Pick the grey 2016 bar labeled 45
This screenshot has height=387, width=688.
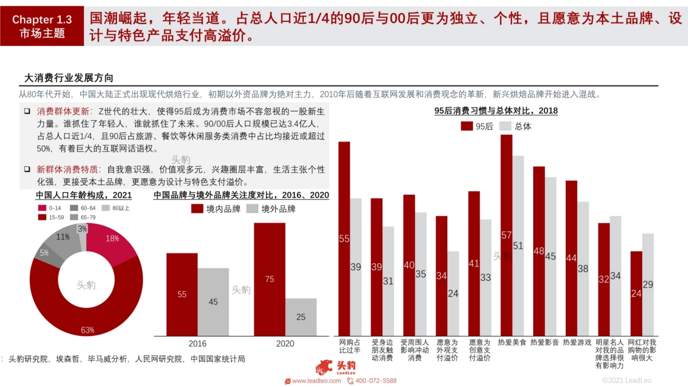pyautogui.click(x=213, y=302)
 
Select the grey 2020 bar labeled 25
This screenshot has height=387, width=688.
pyautogui.click(x=300, y=317)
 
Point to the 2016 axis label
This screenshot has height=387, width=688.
pyautogui.click(x=197, y=343)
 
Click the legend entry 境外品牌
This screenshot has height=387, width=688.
pyautogui.click(x=272, y=209)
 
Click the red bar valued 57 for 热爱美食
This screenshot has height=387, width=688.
pyautogui.click(x=506, y=235)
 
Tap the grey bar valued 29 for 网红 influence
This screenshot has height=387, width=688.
pyautogui.click(x=648, y=284)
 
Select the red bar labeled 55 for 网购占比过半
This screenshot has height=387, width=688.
pyautogui.click(x=344, y=239)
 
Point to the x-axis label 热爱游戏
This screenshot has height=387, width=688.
pyautogui.click(x=577, y=342)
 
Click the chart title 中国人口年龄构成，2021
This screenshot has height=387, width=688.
pyautogui.click(x=84, y=196)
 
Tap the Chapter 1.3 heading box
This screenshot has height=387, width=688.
pyautogui.click(x=42, y=26)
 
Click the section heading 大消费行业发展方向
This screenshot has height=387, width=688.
pyautogui.click(x=69, y=78)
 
